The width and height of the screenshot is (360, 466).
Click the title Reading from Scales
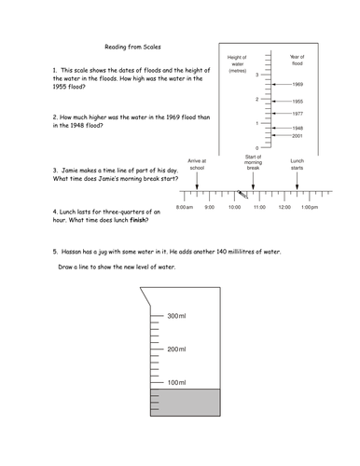pos(132,47)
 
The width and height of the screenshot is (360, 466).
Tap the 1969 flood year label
pos(298,84)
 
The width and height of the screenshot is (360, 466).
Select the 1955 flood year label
pos(298,102)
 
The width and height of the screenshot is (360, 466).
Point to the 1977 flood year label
pos(298,114)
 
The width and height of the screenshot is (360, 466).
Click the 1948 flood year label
pos(298,128)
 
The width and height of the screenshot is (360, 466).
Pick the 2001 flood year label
pos(298,136)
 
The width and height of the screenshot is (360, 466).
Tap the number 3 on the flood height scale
pos(257,75)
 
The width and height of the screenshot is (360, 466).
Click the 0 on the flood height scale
pos(257,148)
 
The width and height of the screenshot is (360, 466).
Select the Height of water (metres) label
pos(237,64)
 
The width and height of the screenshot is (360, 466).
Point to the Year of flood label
pos(298,60)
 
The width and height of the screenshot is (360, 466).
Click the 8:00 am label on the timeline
pos(185,207)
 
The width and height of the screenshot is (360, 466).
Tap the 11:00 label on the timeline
pos(259,207)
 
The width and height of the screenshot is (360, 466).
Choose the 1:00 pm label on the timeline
pos(310,207)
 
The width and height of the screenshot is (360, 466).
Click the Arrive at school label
pos(197,164)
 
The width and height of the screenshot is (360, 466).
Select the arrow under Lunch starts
pos(297,181)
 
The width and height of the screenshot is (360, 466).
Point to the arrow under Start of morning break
pos(253,181)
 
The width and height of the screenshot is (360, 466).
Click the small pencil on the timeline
pos(242,195)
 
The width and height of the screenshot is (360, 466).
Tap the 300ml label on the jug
pos(176,316)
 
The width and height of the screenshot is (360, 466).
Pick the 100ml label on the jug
pos(176,382)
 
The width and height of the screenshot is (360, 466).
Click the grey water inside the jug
pos(186,403)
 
